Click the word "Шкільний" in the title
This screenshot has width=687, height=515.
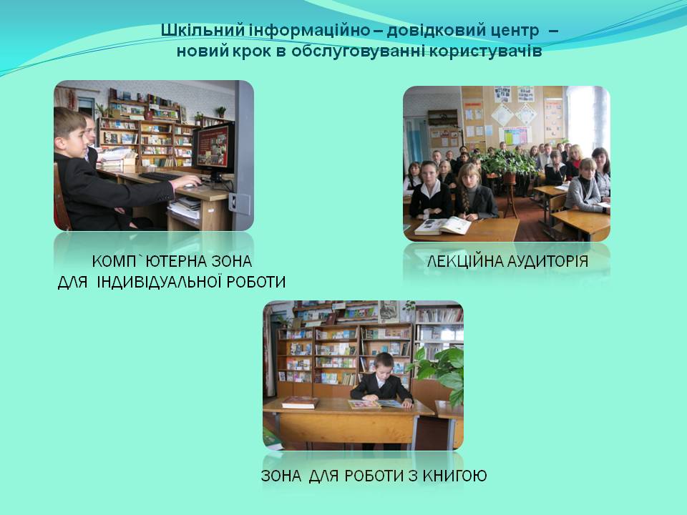click(202, 31)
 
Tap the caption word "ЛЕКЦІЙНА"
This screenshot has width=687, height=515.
click(464, 262)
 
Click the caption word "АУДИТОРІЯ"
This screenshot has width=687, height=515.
click(547, 262)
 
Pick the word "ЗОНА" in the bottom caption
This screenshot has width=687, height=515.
click(281, 476)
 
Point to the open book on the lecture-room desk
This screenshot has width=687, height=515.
click(442, 226)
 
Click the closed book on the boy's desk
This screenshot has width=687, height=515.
click(300, 402)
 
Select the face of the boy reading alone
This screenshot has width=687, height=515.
click(383, 366)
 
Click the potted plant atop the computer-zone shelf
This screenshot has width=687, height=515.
click(222, 112)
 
